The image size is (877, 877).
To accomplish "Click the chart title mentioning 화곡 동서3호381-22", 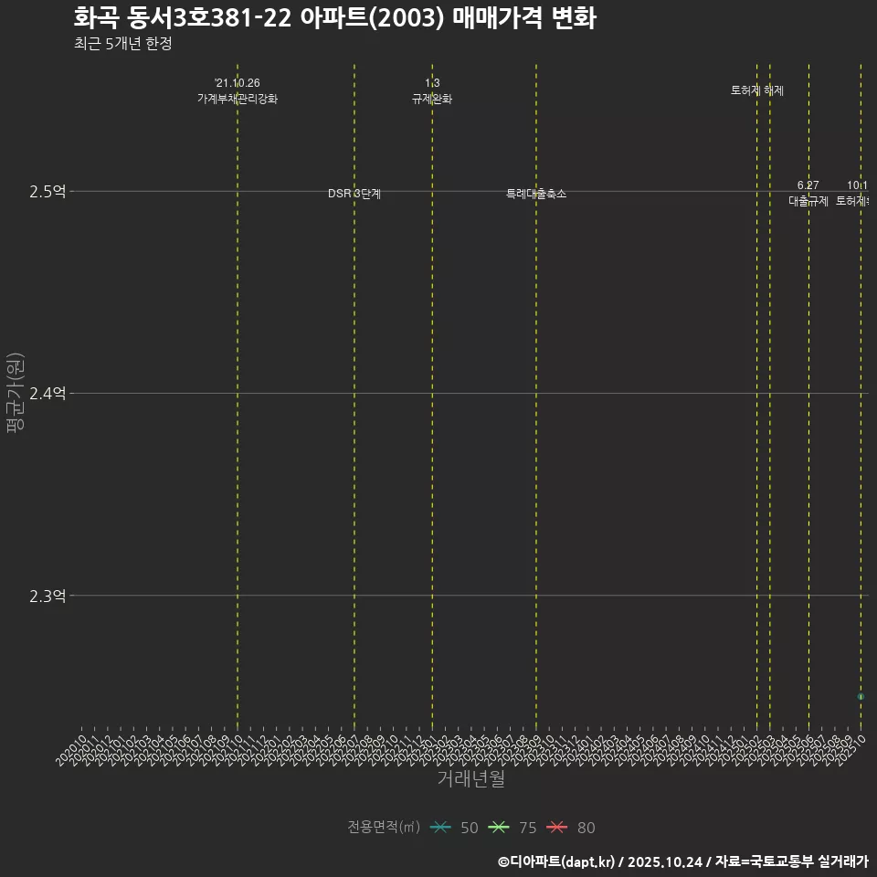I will pyautogui.click(x=334, y=18).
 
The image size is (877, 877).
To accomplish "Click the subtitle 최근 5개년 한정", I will pyautogui.click(x=122, y=44).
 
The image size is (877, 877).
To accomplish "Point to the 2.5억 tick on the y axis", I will pyautogui.click(x=48, y=192).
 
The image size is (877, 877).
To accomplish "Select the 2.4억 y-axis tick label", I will pyautogui.click(x=48, y=394).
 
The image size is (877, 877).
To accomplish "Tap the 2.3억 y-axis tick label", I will pyautogui.click(x=48, y=596).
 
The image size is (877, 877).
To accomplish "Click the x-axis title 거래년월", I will pyautogui.click(x=470, y=779).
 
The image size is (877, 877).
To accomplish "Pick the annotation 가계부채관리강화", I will pyautogui.click(x=238, y=99).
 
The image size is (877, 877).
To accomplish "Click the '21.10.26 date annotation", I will pyautogui.click(x=238, y=83).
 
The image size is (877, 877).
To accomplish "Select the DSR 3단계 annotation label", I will pyautogui.click(x=354, y=194).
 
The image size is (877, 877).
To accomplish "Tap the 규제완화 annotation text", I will pyautogui.click(x=432, y=99).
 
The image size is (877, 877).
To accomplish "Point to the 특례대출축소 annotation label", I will pyautogui.click(x=536, y=194).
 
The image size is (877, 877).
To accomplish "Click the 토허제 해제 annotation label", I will pyautogui.click(x=757, y=90).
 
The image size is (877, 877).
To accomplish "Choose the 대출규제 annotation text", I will pyautogui.click(x=808, y=201).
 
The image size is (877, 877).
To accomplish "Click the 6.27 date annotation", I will pyautogui.click(x=808, y=185).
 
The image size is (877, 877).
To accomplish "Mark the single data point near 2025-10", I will pyautogui.click(x=861, y=697).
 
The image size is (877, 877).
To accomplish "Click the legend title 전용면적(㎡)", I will pyautogui.click(x=383, y=828).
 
